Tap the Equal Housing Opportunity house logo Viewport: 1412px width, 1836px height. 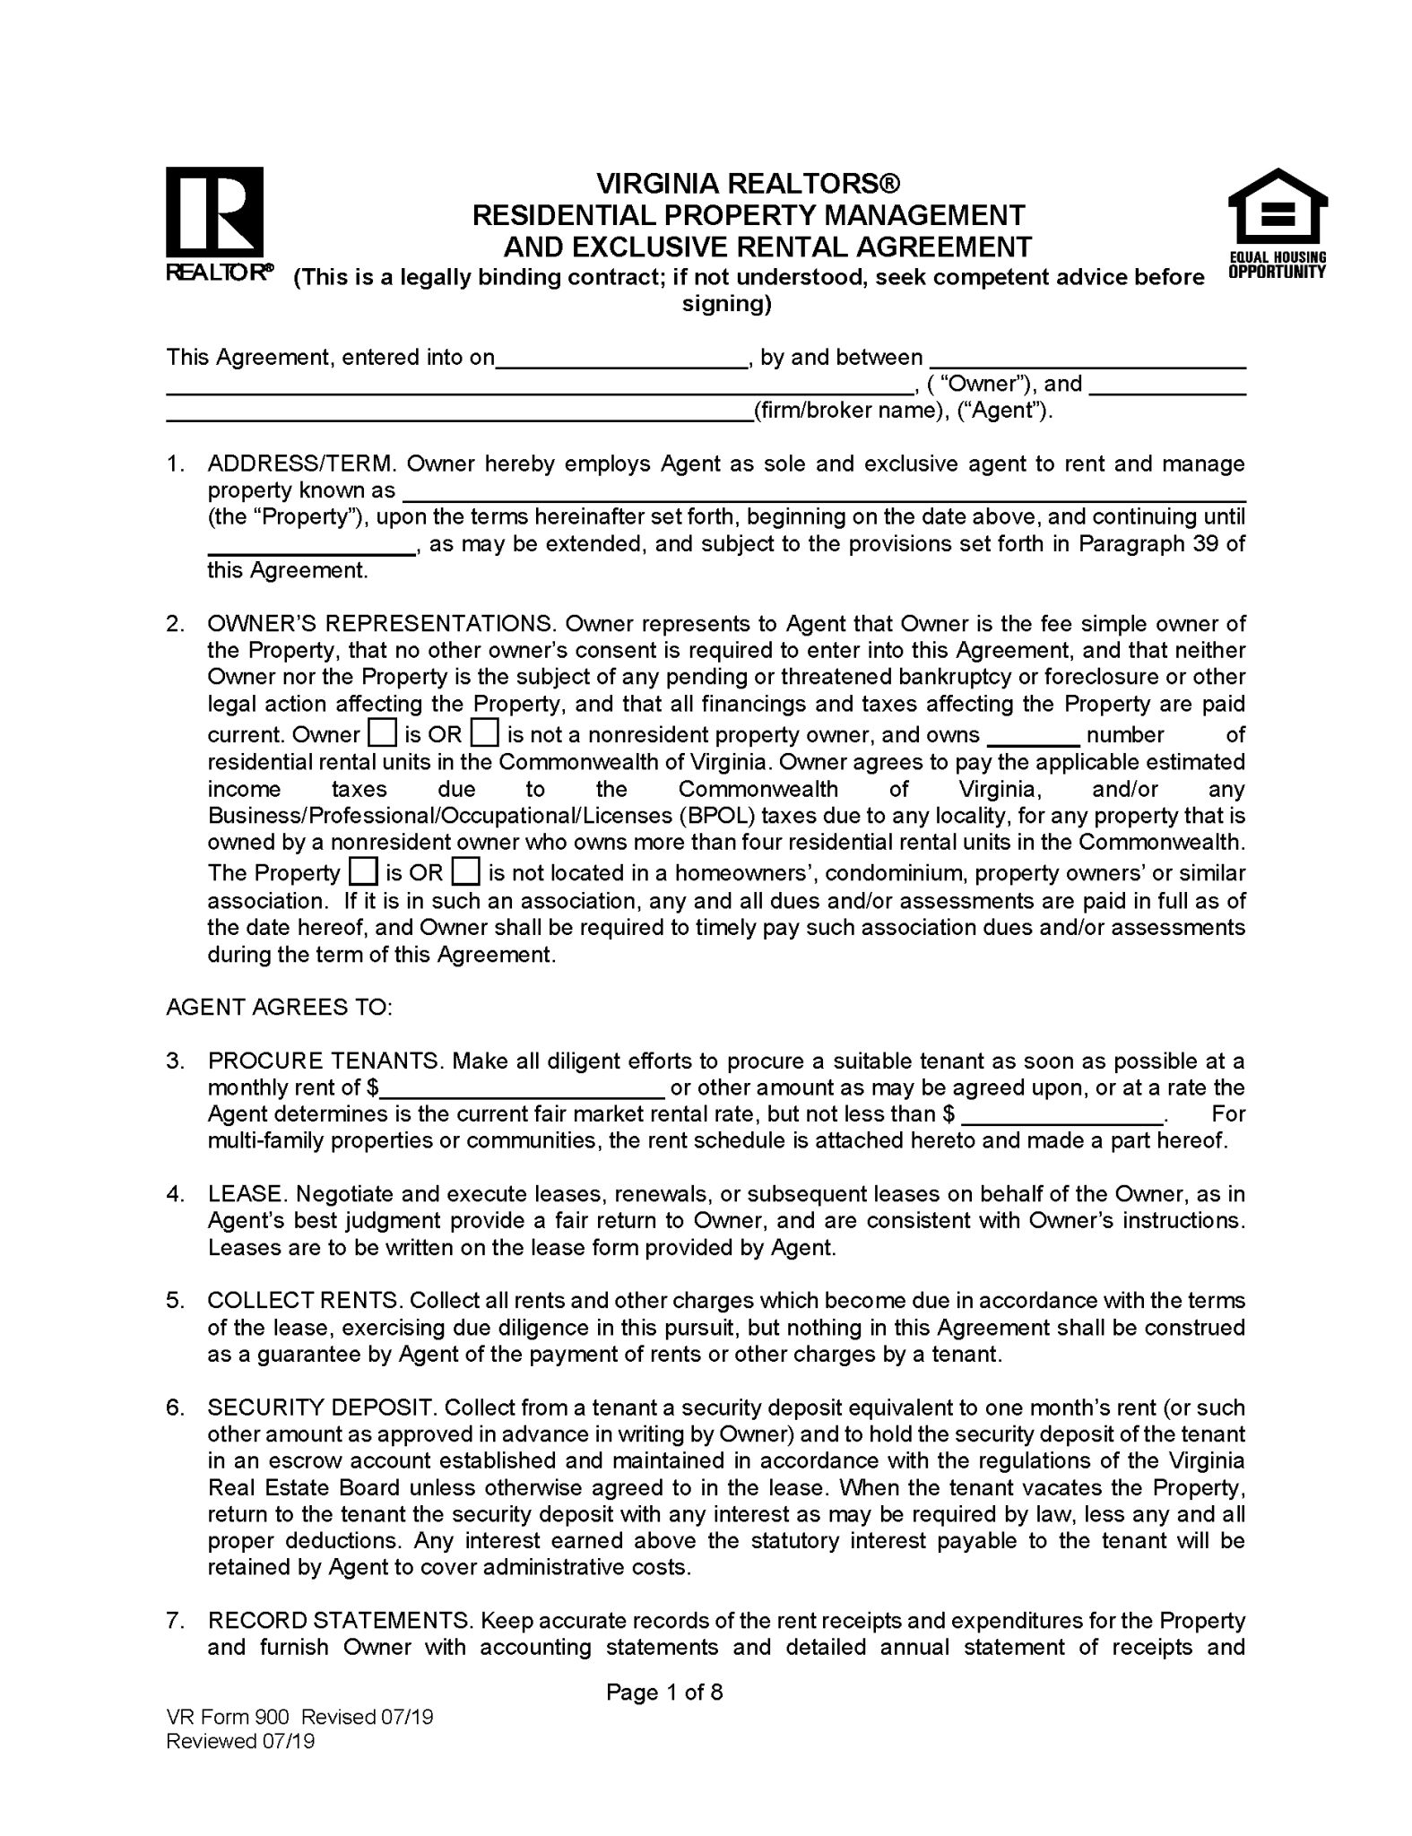1276,215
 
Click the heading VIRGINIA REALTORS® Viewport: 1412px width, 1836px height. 748,184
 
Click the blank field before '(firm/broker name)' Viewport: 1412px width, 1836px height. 458,413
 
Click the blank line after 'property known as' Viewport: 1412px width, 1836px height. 824,493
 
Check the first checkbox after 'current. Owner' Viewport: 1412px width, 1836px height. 381,734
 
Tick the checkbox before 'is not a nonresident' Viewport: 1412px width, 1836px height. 484,734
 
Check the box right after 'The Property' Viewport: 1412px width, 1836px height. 362,872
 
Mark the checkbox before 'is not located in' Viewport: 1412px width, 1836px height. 465,872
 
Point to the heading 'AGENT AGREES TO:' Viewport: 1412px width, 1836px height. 279,1008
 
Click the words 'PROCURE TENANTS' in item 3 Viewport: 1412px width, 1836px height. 325,1061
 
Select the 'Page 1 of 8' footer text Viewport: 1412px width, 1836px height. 664,1693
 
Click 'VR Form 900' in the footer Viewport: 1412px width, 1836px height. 228,1717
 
